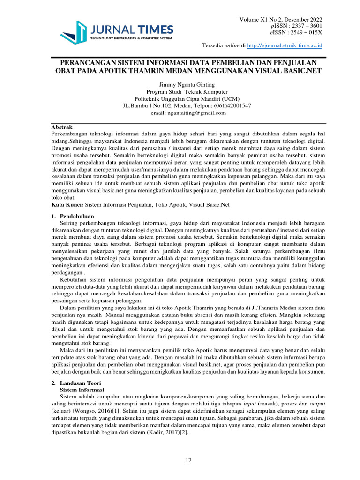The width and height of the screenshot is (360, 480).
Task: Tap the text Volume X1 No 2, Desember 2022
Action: click(x=281, y=19)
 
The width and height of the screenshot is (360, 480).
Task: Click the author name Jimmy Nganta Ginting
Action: click(x=180, y=85)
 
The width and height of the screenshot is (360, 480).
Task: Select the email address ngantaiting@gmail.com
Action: click(x=188, y=113)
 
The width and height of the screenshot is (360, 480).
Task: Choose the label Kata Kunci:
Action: click(x=67, y=205)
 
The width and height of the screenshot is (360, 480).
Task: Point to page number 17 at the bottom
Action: click(x=188, y=461)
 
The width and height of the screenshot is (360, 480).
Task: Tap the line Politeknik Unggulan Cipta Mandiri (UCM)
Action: click(x=180, y=99)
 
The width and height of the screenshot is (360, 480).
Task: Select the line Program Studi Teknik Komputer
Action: click(x=180, y=92)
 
